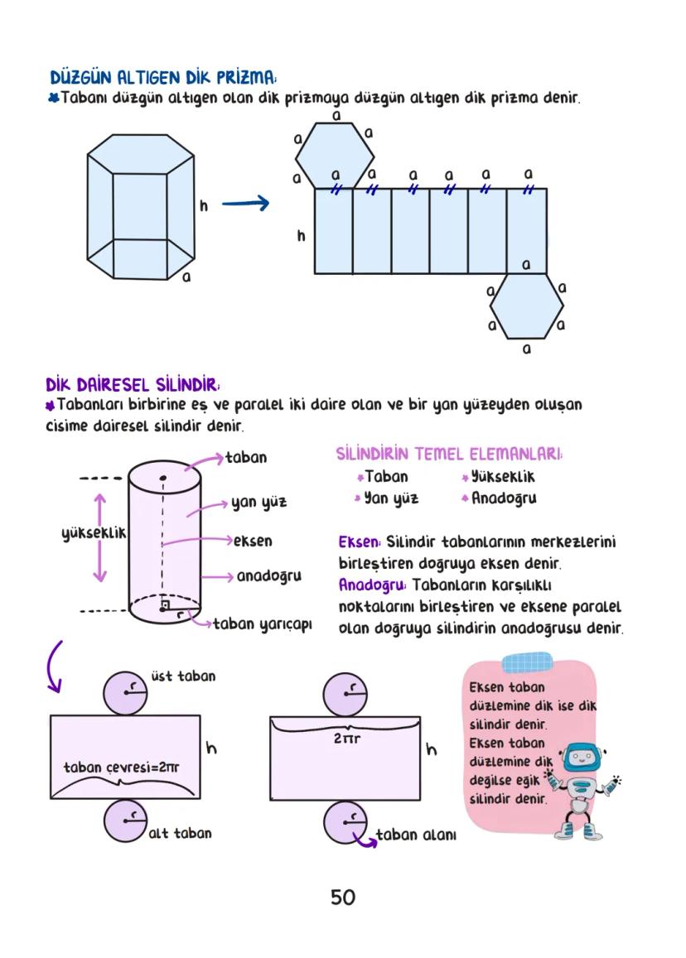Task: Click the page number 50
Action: (342, 898)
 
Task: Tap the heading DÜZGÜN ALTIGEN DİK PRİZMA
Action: (162, 78)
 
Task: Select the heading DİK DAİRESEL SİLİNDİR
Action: (133, 385)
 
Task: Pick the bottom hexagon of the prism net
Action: (525, 306)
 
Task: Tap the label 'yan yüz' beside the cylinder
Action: (258, 502)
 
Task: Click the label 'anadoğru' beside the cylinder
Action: (268, 575)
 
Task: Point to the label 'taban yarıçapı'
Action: (262, 623)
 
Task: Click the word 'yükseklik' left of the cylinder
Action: (94, 533)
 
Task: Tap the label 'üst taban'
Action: (183, 676)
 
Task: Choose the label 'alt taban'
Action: (180, 833)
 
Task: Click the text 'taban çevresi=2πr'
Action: (121, 768)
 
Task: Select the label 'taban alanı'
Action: (416, 835)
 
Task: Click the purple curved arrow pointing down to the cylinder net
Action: (55, 667)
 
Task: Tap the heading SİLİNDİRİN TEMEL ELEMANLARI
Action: (449, 455)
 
